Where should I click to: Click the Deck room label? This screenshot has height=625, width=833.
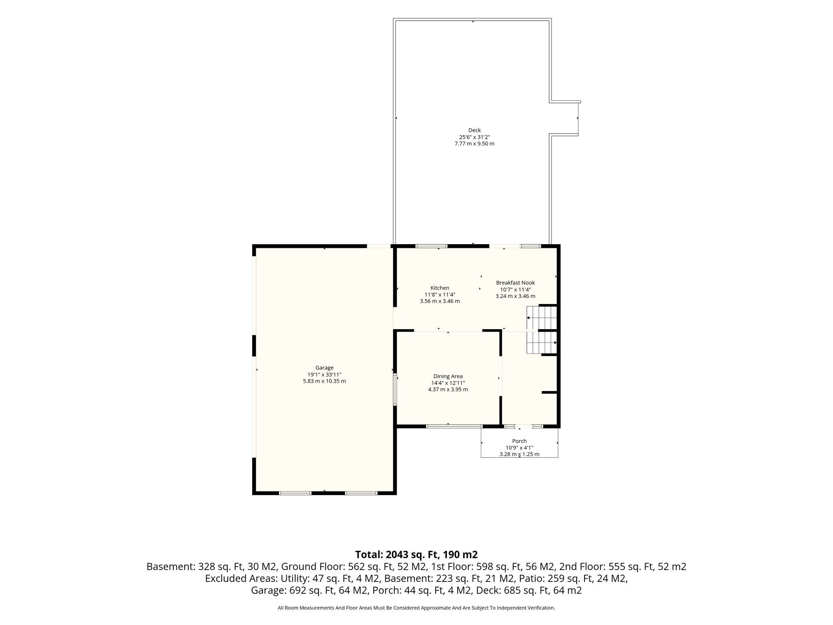(x=474, y=130)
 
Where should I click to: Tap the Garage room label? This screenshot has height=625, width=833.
(x=324, y=368)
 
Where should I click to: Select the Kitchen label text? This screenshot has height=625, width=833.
(x=440, y=288)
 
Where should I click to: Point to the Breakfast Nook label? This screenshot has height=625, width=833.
(x=515, y=283)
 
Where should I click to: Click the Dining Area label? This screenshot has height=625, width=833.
(x=448, y=376)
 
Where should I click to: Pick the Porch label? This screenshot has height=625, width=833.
(x=519, y=441)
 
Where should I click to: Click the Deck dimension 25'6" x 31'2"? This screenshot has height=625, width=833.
(x=474, y=137)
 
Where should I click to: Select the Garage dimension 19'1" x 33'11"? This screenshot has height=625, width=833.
(x=324, y=375)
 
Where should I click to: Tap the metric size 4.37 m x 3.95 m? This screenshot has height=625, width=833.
(x=448, y=389)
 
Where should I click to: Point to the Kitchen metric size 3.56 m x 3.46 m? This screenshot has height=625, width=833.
(x=440, y=301)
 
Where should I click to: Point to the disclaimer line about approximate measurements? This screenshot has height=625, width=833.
(x=416, y=608)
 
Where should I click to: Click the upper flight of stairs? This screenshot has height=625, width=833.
(x=542, y=317)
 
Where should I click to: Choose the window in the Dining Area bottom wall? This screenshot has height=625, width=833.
(x=454, y=426)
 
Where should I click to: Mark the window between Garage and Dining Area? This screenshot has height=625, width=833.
(x=395, y=389)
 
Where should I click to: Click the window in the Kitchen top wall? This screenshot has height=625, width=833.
(x=431, y=246)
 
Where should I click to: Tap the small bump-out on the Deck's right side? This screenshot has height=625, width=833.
(x=565, y=118)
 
